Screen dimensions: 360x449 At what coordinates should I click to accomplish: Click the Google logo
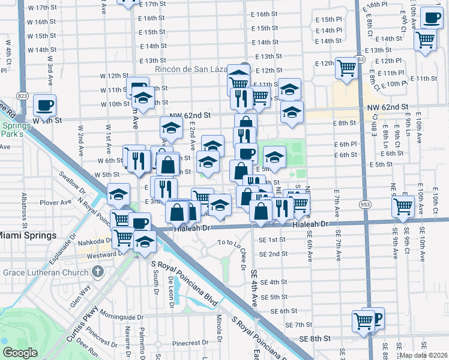[19, 353]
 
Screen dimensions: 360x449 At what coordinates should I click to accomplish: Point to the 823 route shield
[22, 96]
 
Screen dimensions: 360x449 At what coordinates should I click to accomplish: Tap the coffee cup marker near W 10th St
[44, 106]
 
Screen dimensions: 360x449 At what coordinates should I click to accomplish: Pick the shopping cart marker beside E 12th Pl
[347, 68]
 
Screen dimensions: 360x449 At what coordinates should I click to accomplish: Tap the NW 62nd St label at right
[388, 107]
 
